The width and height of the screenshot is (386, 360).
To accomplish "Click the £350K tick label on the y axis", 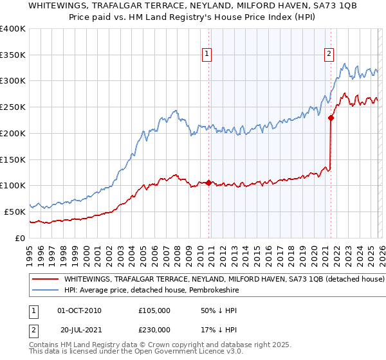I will click(12, 55).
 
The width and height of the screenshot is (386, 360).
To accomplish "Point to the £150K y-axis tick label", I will click(12, 159).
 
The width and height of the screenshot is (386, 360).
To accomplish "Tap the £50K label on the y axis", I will click(14, 212).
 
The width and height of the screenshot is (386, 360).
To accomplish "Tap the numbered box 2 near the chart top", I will click(329, 55).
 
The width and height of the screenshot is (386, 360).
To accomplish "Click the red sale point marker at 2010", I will click(208, 183).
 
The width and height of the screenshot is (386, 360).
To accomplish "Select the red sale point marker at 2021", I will click(331, 118).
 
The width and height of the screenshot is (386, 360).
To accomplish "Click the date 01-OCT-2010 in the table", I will click(79, 310).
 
